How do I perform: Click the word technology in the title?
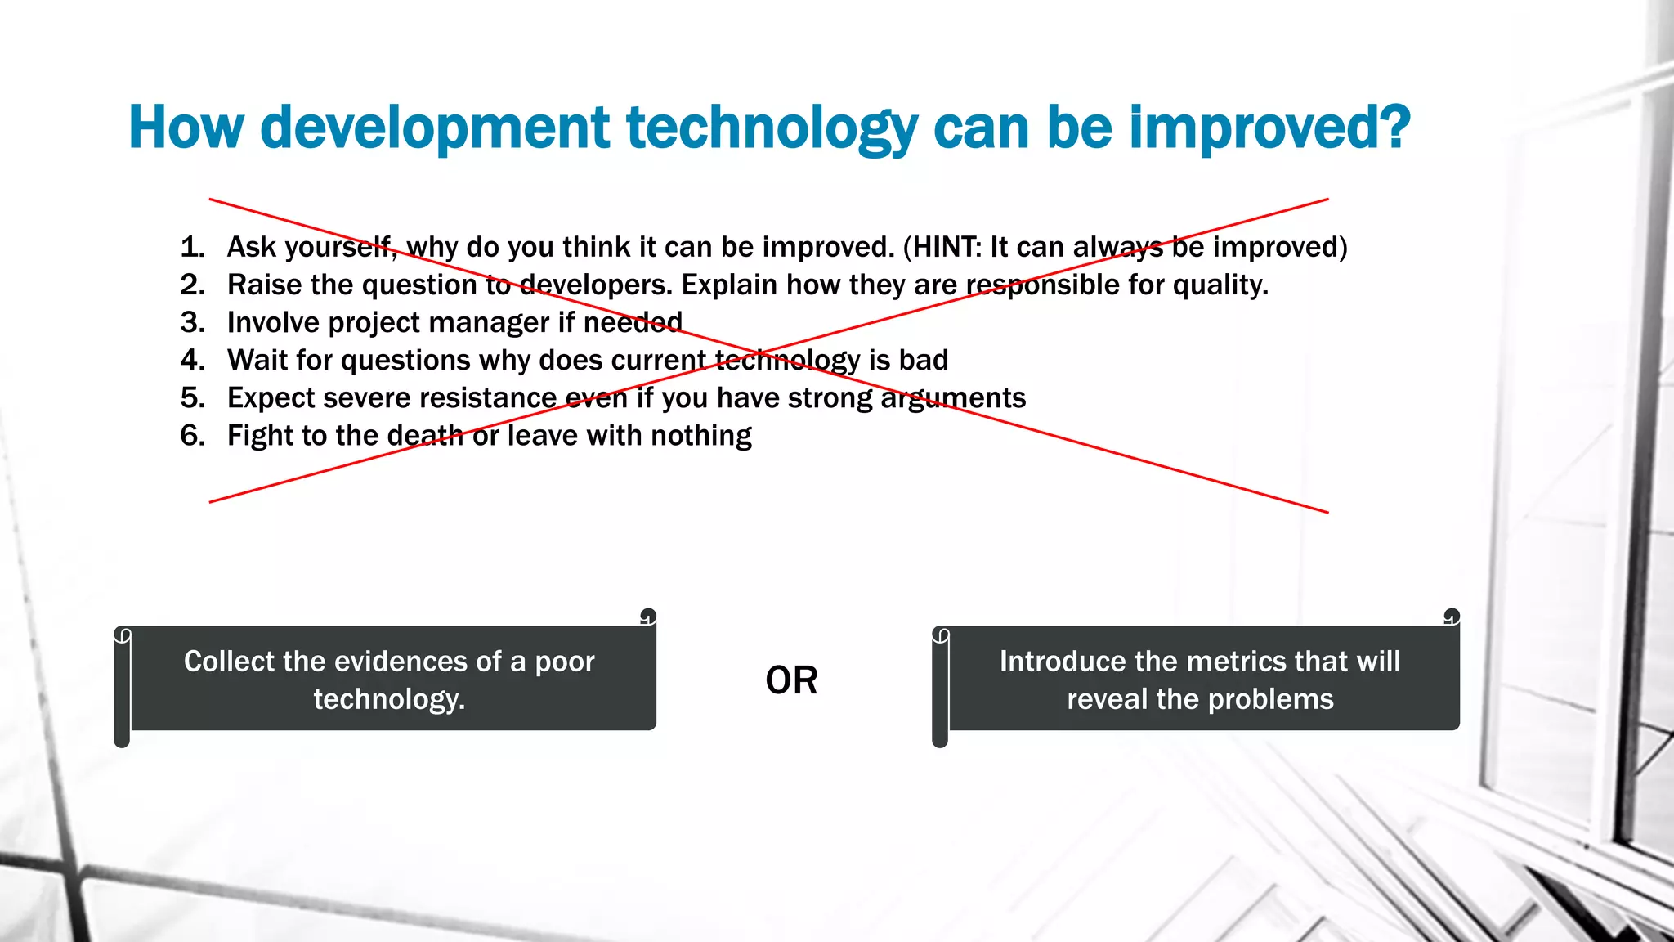(772, 129)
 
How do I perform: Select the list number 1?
(192, 247)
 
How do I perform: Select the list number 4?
(192, 360)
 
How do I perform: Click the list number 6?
(192, 435)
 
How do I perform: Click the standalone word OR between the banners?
(791, 680)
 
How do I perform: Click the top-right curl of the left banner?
(648, 616)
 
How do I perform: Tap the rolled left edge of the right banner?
(940, 687)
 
